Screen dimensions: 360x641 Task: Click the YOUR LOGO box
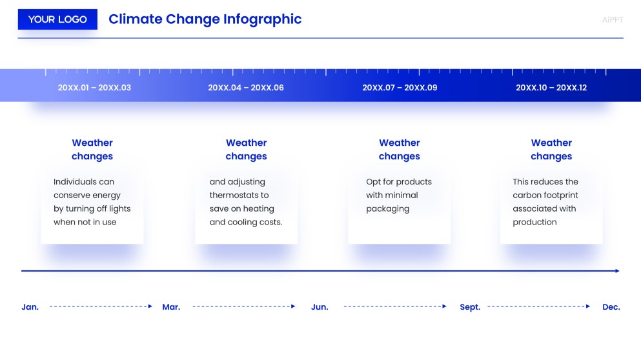[57, 19]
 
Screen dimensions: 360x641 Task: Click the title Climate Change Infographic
[205, 19]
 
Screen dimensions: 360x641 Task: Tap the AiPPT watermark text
[612, 20]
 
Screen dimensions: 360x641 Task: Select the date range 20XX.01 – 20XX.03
[94, 88]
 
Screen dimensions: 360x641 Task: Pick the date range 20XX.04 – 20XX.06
[246, 88]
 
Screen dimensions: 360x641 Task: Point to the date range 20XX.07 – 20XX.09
[400, 88]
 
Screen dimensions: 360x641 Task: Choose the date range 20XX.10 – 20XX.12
[551, 88]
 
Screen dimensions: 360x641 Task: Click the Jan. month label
[30, 307]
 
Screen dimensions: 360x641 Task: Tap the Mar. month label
[171, 307]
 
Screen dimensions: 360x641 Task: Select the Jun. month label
[320, 307]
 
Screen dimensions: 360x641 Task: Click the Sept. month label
[470, 307]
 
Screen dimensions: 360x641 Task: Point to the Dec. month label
[611, 307]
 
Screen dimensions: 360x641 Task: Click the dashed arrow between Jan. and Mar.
[101, 306]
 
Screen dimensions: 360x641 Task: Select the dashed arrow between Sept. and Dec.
[539, 306]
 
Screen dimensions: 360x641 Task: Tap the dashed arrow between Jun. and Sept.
[394, 306]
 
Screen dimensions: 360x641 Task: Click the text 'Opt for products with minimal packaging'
[398, 195]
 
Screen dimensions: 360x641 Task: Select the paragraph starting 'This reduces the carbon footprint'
[545, 202]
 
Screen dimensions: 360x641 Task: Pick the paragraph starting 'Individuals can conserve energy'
[92, 202]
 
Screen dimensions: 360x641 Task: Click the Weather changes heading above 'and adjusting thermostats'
[246, 150]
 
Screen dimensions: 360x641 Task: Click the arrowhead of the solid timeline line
[617, 271]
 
